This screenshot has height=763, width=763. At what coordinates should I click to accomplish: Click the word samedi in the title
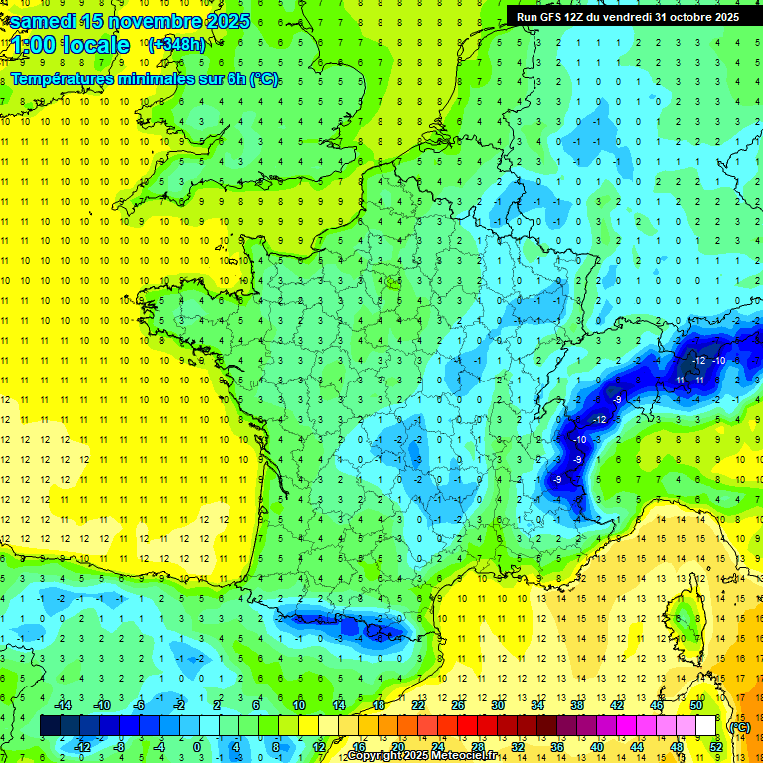pyautogui.click(x=47, y=21)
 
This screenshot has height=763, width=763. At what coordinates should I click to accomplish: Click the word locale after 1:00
pyautogui.click(x=95, y=45)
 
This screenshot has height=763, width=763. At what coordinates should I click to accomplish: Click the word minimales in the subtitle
pyautogui.click(x=168, y=79)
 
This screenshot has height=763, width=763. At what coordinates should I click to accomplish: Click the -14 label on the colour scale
pyautogui.click(x=62, y=704)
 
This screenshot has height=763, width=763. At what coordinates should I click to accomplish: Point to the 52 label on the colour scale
pyautogui.click(x=715, y=747)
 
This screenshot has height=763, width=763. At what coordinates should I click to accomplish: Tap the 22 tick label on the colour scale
pyautogui.click(x=418, y=704)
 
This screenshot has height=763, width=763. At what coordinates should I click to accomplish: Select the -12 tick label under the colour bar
pyautogui.click(x=81, y=747)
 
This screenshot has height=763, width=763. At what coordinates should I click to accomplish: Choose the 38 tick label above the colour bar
pyautogui.click(x=577, y=704)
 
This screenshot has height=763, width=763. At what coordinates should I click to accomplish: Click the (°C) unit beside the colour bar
pyautogui.click(x=739, y=726)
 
